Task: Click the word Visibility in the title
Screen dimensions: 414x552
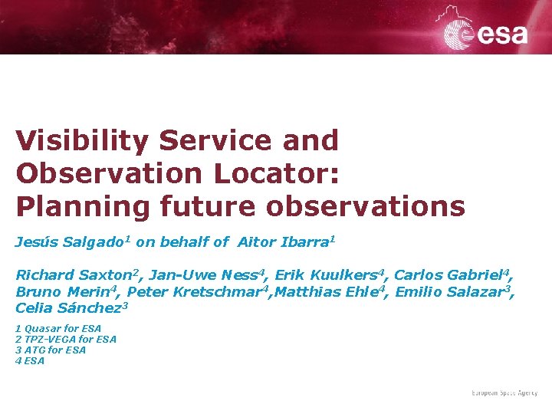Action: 82,141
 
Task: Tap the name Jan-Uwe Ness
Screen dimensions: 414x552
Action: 204,275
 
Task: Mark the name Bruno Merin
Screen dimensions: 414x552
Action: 65,292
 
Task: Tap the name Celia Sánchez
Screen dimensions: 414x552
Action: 69,308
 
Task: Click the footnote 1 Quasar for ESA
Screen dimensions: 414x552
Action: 58,329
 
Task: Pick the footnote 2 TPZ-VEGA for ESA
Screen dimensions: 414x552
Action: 66,340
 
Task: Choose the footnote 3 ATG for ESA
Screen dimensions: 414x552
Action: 51,350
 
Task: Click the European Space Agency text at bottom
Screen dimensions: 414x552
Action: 504,393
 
